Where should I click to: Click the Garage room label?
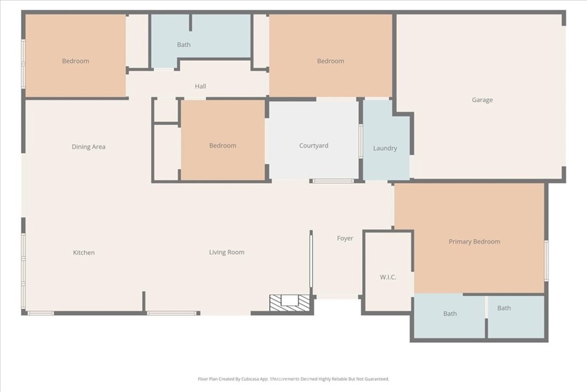coord(482,100)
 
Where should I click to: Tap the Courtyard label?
coord(314,146)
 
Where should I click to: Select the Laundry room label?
coord(385,148)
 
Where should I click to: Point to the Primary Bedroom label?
coord(474,242)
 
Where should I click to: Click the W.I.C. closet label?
coord(388,277)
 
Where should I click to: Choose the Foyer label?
coord(345,238)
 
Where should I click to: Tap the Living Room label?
coord(226,252)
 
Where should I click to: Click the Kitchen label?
coord(84,253)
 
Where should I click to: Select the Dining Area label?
coord(88,147)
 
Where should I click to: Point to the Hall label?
coord(200,87)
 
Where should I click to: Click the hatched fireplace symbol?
coord(289,302)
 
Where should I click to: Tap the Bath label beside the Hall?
coord(183,45)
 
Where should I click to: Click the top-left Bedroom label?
coord(75,61)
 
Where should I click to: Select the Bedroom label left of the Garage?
coord(330,61)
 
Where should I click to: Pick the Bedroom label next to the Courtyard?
coord(222,146)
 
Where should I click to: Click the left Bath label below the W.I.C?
coord(450,314)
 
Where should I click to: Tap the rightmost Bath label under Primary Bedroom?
coord(504,308)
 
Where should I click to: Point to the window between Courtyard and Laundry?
coord(360,141)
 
